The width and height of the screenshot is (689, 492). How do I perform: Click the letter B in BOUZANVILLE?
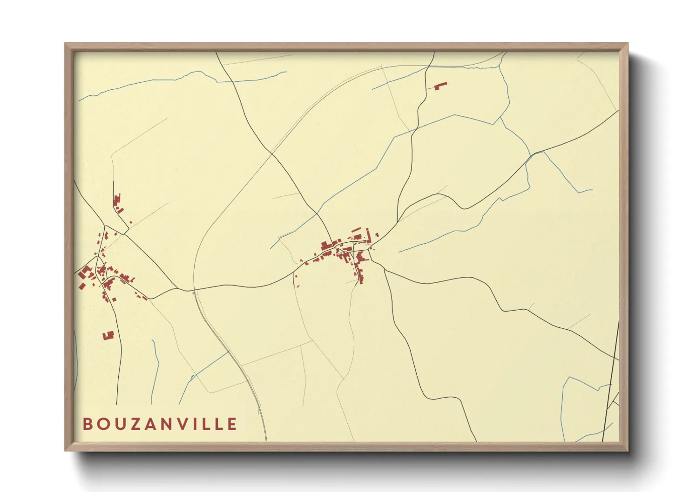click(x=87, y=424)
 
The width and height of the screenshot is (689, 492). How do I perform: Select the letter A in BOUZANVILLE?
click(x=150, y=424)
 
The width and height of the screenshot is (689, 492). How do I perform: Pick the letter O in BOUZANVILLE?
click(x=102, y=424)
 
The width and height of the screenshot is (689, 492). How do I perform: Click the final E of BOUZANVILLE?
click(x=232, y=424)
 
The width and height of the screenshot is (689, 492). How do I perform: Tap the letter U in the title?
click(x=118, y=424)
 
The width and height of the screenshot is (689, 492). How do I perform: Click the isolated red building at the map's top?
click(x=440, y=86)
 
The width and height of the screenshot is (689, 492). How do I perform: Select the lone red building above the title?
click(x=108, y=335)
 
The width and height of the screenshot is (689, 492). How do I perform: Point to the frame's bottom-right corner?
click(x=627, y=450)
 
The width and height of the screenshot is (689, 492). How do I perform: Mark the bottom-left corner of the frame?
click(x=66, y=450)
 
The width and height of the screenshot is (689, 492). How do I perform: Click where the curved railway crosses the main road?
click(x=194, y=291)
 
